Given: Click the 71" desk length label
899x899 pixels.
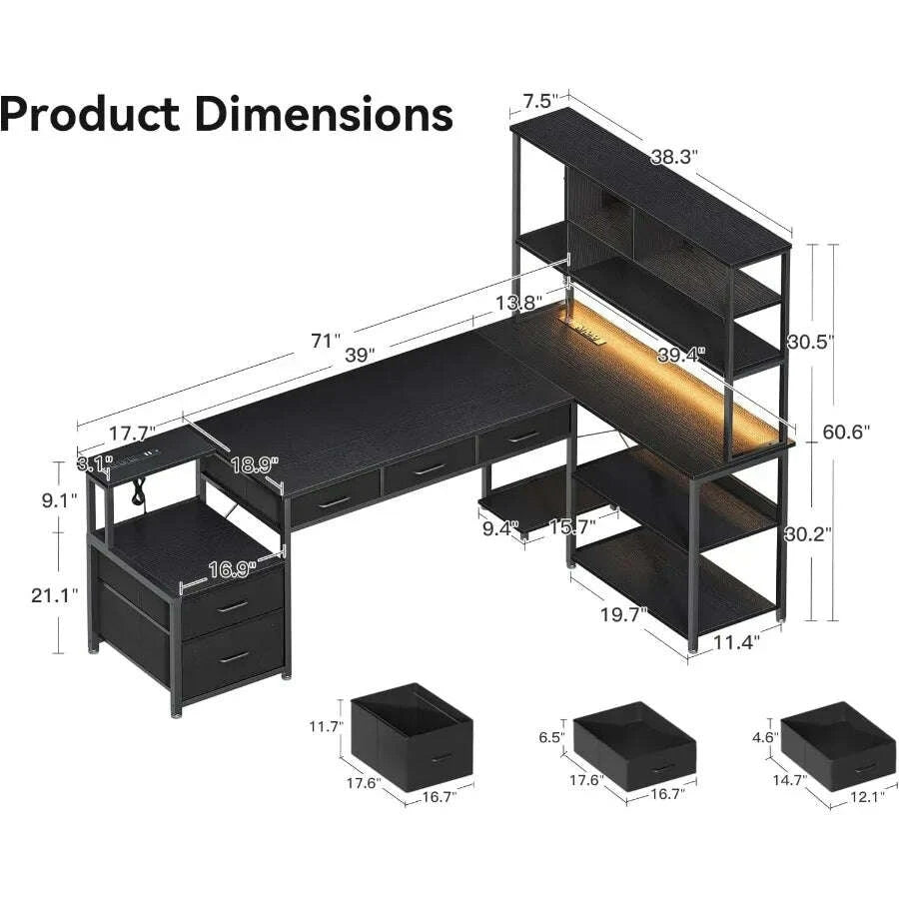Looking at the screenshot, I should pos(326,341).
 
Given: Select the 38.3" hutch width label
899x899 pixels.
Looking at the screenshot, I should pos(674,156).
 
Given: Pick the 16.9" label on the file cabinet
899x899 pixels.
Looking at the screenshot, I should pos(232,568).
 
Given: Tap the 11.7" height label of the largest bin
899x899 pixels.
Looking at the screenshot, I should pos(327,727).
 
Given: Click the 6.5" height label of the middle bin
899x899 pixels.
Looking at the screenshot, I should pos(552,738).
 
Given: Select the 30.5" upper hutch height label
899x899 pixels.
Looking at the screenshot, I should pos(810,340).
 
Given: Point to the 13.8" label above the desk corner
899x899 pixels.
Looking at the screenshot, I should pos(518,302).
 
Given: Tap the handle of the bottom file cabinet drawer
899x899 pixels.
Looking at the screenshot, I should pos(233,655).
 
